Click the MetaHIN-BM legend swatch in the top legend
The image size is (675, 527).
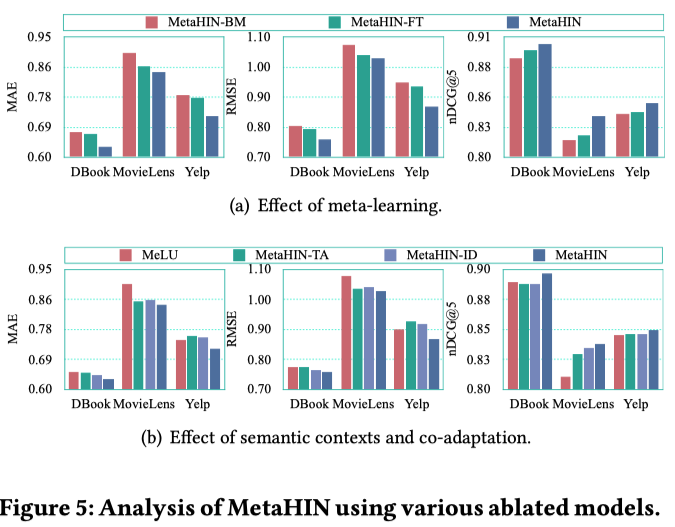pos(153,21)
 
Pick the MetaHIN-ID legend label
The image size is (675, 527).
pos(448,254)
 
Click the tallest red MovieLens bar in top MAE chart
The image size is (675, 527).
pos(129,105)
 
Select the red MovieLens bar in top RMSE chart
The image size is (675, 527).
pos(349,101)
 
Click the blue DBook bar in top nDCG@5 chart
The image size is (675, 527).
pos(545,100)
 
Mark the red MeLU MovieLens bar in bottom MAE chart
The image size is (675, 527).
pos(127,336)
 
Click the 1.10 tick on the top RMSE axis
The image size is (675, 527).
pos(258,37)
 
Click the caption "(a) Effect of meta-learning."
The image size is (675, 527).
pos(335,206)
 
